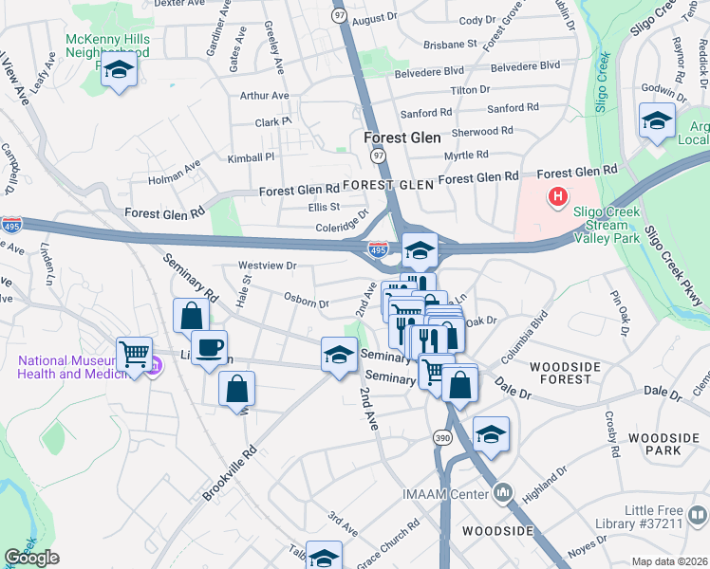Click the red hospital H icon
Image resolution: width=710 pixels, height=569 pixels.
point(557,196)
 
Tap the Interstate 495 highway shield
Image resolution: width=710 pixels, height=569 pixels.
point(378,248)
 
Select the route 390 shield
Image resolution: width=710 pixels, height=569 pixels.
point(442,438)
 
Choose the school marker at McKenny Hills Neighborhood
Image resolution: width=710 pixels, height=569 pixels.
point(119,71)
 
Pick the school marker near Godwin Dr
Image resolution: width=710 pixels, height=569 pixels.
point(657,120)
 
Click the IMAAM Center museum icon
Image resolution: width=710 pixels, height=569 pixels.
point(503,492)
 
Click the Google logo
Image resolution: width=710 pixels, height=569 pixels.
point(31,558)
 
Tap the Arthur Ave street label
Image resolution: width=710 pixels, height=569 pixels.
point(264,96)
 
